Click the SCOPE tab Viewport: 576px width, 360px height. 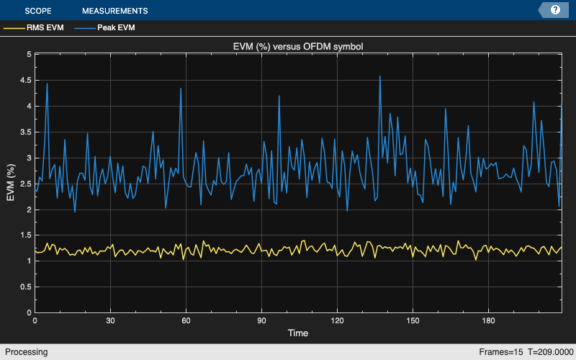pos(37,11)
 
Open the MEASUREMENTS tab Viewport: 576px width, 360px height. pos(114,11)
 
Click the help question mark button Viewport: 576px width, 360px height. pos(555,10)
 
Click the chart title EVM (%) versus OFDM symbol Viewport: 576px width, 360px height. pos(297,47)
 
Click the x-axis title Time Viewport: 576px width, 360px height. pos(297,333)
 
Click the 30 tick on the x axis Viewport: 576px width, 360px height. pos(110,320)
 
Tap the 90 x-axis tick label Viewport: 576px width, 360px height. pos(261,320)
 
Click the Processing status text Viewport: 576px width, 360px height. pos(25,352)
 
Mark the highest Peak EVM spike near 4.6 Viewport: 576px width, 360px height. pos(379,76)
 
